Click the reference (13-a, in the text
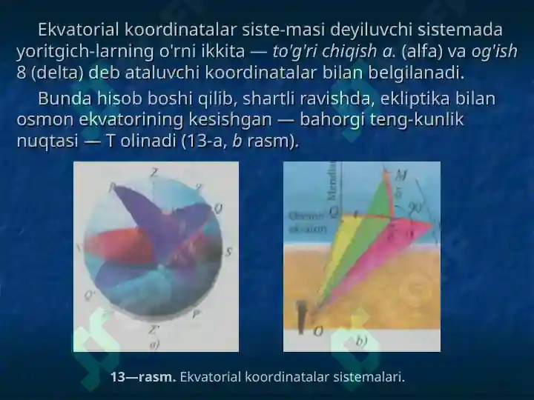point(204,141)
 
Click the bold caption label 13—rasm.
point(143,377)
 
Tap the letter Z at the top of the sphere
point(154,172)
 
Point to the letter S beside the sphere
point(228,252)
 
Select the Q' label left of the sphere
point(90,296)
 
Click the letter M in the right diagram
point(401,175)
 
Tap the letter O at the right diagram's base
point(317,331)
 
